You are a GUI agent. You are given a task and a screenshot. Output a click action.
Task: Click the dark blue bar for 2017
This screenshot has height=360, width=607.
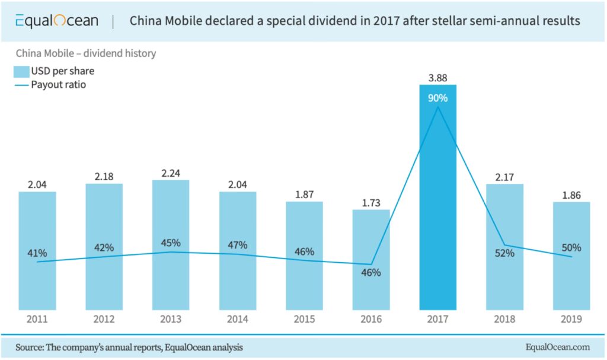[437, 202]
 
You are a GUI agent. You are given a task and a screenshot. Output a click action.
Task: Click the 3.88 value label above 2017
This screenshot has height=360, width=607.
[438, 77]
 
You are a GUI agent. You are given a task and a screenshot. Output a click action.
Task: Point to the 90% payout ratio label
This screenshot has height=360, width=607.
[438, 98]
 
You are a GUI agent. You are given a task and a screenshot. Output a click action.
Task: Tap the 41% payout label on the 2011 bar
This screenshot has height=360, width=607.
[37, 253]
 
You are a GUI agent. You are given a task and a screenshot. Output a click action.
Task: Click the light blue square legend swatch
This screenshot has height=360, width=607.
[21, 72]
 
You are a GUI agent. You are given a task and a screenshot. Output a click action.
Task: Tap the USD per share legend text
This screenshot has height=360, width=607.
[62, 72]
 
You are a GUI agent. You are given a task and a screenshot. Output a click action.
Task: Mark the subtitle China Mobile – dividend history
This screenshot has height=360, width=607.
[85, 53]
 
